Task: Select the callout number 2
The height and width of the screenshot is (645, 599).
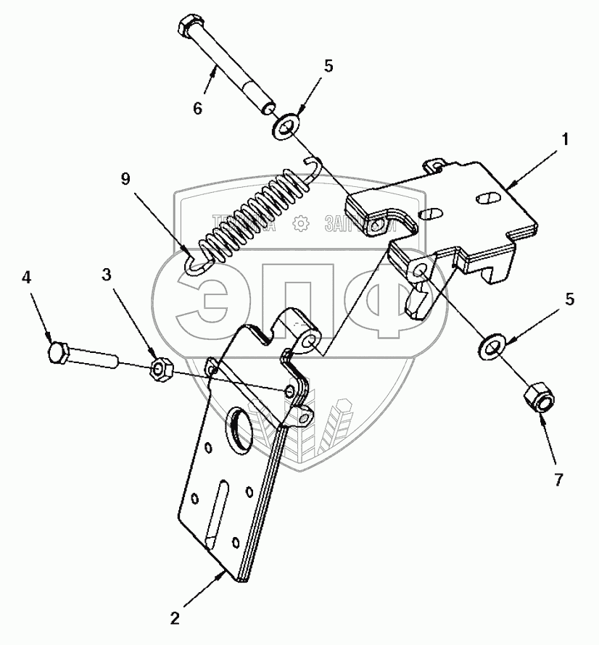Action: pos(175,619)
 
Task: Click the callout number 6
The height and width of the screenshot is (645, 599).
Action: pos(197,109)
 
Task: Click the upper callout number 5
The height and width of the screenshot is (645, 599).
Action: pos(329,66)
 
